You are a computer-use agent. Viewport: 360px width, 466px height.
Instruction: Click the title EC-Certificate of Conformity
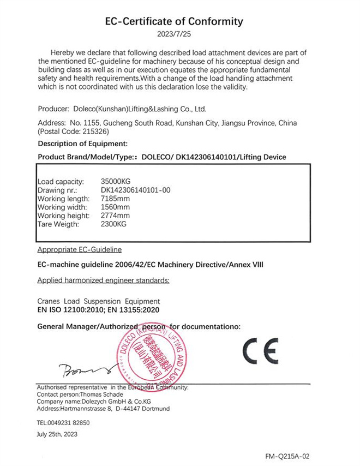pos(175,22)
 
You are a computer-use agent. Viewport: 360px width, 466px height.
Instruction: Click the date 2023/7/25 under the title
pos(175,34)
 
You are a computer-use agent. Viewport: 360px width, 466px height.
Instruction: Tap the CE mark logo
pos(260,351)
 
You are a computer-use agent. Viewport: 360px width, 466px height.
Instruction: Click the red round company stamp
pos(152,357)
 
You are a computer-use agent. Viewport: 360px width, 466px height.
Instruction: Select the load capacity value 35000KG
pos(116,181)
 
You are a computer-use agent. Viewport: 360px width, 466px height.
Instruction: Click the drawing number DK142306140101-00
pos(136,190)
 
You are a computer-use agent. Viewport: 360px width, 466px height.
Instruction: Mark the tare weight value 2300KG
pos(114,224)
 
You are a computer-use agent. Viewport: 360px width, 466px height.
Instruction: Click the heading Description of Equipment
pos(82,144)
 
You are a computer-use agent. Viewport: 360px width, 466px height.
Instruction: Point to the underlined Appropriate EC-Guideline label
pos(80,249)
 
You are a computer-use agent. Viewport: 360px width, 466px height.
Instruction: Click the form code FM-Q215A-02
pos(290,456)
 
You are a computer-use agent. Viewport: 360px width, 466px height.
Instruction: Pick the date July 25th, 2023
pos(57,434)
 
